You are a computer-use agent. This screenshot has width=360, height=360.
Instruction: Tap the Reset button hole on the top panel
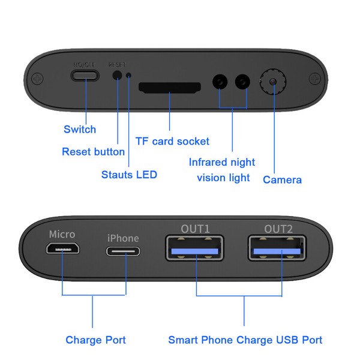pos(118,76)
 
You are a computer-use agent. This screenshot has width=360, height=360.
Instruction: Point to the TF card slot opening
pos(170,88)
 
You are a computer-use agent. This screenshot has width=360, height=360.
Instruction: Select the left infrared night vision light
pos(220,81)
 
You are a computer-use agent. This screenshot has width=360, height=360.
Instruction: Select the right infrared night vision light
pos(243,81)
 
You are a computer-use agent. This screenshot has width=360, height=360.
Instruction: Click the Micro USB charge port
pos(62,250)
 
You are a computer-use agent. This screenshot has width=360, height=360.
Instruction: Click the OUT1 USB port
pos(196,248)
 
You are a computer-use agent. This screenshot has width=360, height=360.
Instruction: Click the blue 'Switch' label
pos(80,130)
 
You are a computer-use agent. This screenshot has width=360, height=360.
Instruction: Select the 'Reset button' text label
pos(93,152)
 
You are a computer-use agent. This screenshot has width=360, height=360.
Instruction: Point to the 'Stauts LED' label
pos(129,175)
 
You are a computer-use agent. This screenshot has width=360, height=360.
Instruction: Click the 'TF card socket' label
pos(172,142)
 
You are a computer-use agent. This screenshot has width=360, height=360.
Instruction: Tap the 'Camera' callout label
pos(282,179)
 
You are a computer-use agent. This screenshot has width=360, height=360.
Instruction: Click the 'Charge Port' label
pos(95,340)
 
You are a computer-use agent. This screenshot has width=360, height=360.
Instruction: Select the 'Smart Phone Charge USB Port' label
pos(245,340)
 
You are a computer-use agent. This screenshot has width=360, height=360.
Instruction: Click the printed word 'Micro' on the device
pos(62,234)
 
